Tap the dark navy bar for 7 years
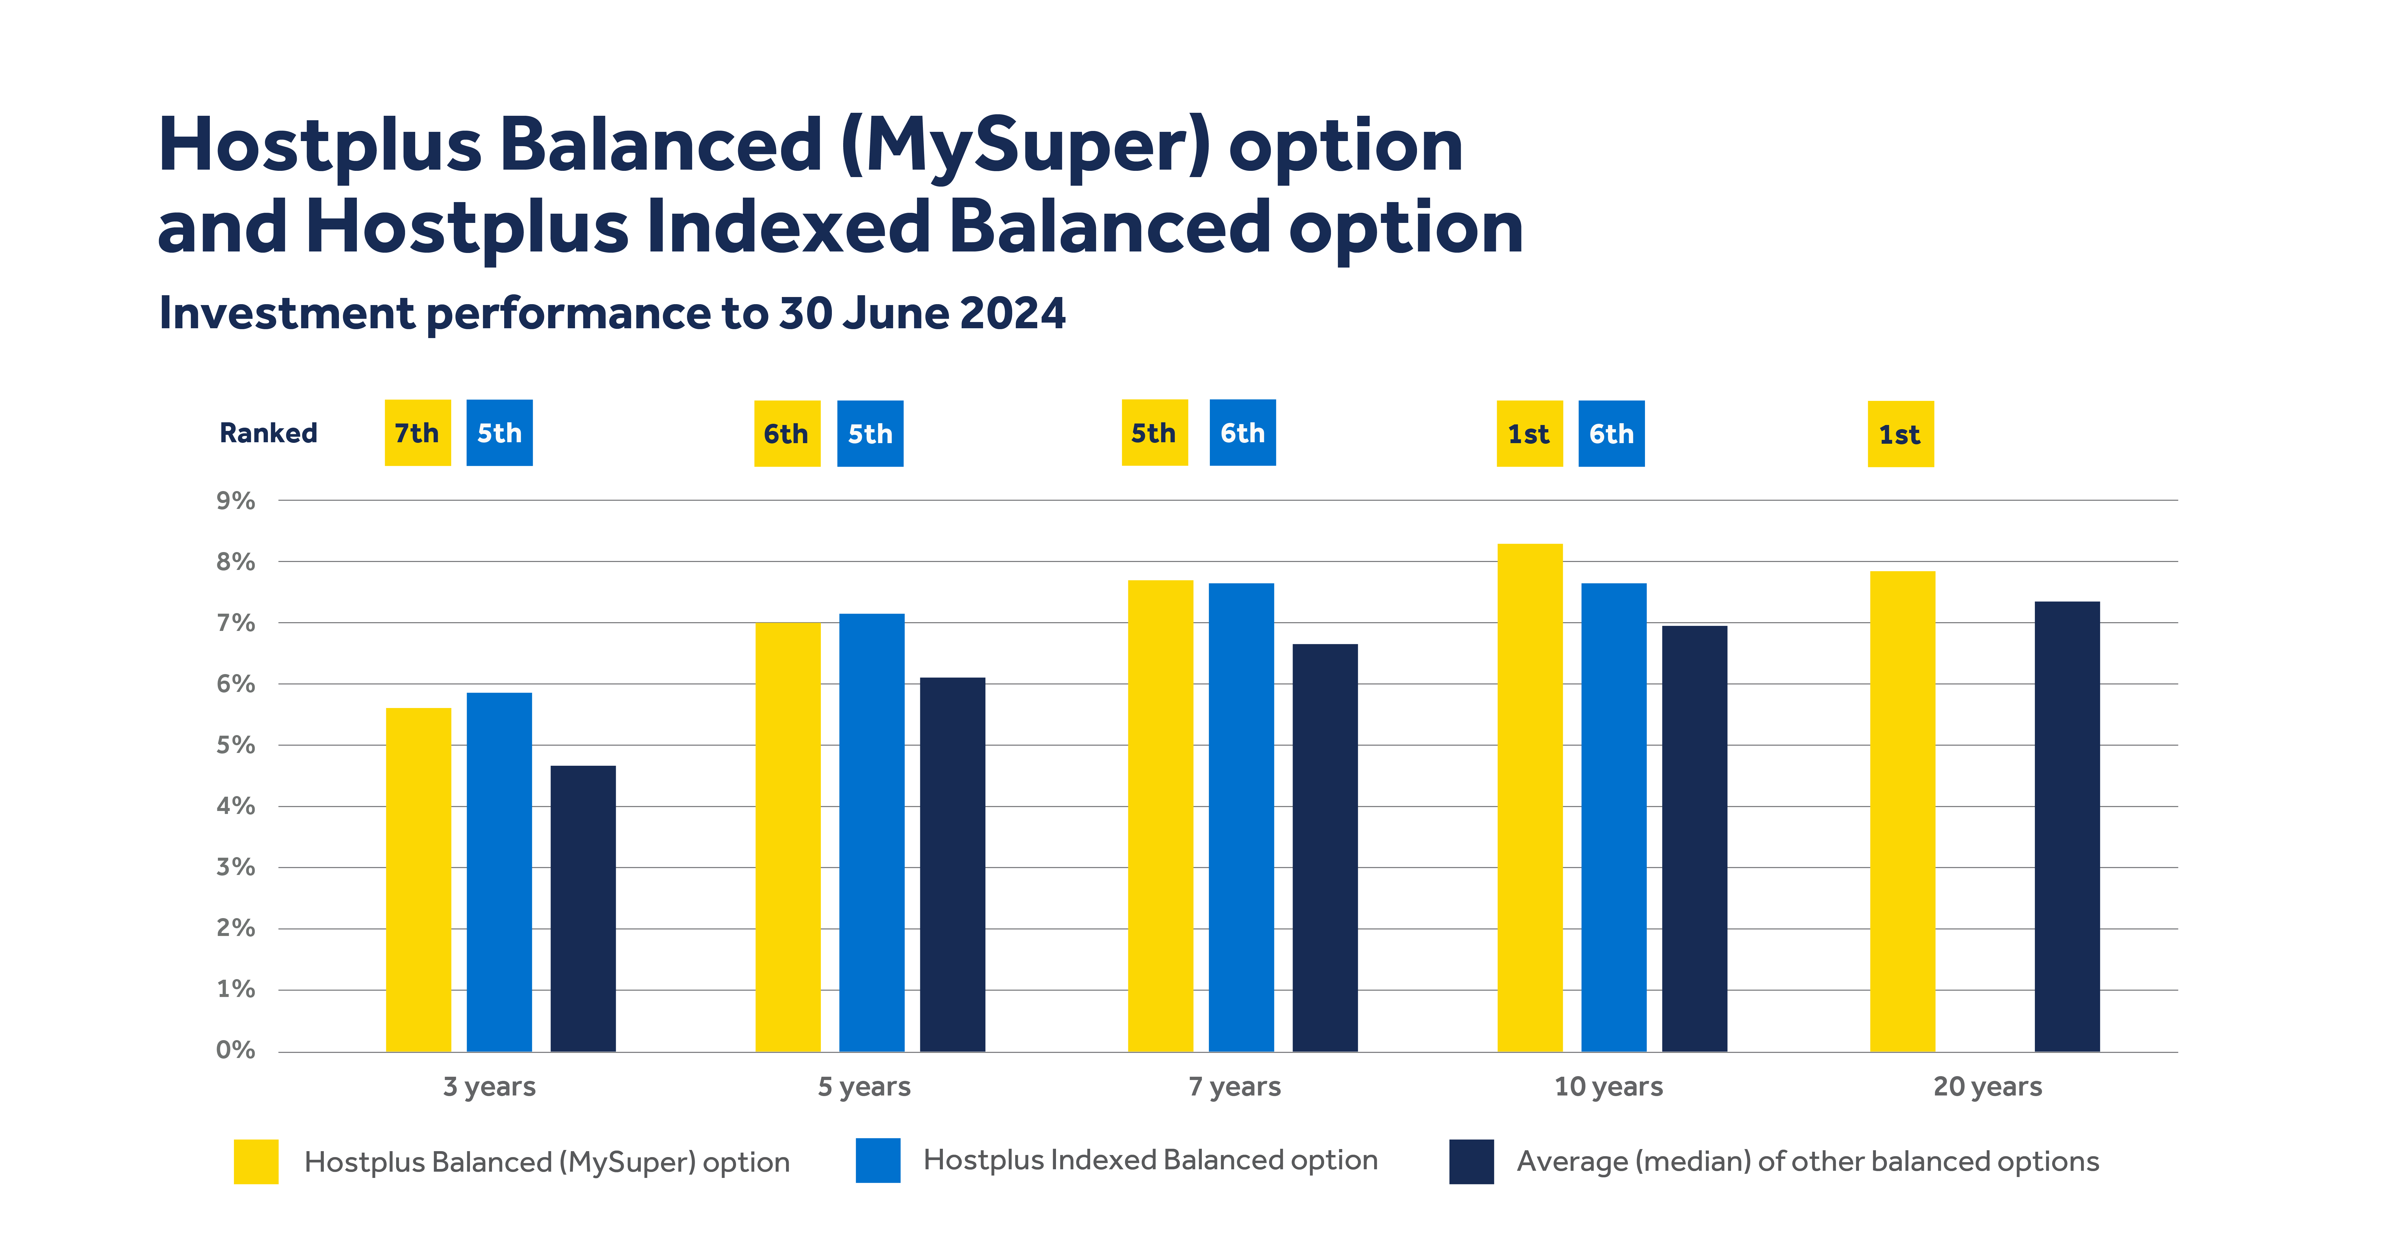1324,848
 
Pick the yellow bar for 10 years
1530,797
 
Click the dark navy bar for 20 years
2067,826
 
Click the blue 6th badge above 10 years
1611,433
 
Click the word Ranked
268,432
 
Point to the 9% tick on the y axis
236,501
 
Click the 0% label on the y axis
236,1050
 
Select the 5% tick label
236,745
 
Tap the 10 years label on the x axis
1608,1086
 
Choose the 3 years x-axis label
489,1086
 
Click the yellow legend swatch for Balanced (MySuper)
256,1161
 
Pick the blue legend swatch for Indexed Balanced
877,1160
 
